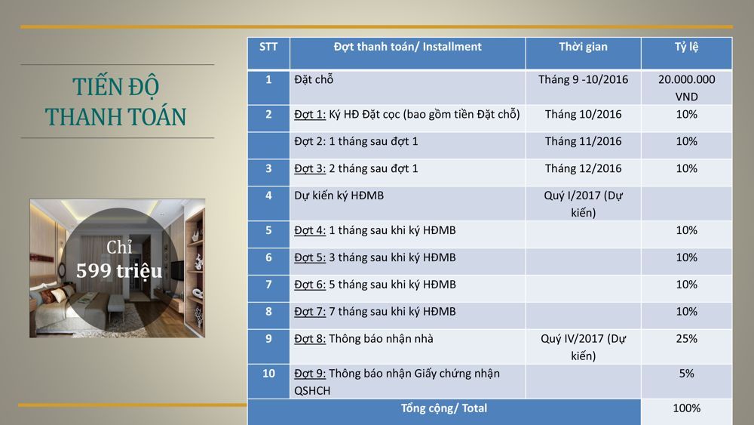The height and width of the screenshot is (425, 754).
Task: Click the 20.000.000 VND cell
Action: [686, 88]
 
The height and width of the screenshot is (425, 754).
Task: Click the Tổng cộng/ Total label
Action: [444, 408]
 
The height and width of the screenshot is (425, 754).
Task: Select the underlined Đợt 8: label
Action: [310, 339]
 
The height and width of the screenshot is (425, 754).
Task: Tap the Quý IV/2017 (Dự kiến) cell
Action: [583, 347]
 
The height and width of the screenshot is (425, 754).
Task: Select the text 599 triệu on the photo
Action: [119, 271]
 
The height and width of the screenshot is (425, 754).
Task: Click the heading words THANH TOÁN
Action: [116, 117]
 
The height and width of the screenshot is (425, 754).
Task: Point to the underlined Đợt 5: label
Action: [310, 257]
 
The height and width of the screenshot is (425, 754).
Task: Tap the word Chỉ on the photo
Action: [119, 247]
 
